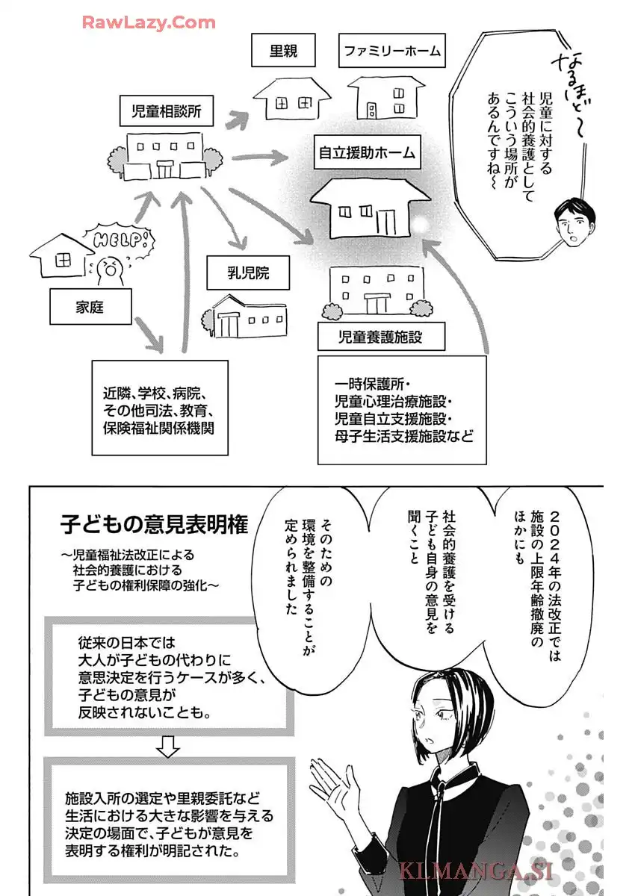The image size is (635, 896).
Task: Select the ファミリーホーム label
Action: point(392,52)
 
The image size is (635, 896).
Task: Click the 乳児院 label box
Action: point(238,273)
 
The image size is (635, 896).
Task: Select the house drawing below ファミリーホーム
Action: point(385,98)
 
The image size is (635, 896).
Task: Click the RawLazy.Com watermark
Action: point(148,22)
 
